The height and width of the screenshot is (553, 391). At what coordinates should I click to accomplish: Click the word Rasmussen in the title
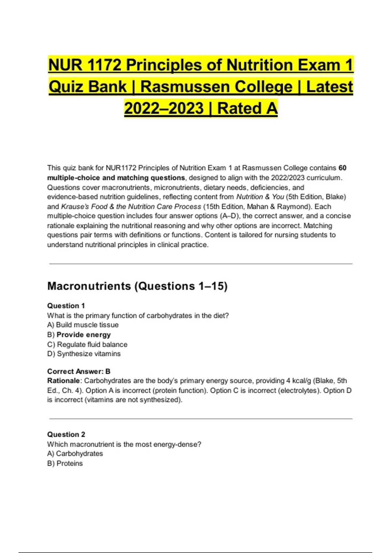[x=183, y=87]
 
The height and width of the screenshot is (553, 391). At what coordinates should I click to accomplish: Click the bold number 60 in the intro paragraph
[x=342, y=168]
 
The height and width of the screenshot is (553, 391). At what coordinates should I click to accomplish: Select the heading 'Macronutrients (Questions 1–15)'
[x=137, y=286]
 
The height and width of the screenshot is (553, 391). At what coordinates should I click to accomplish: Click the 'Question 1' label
[x=66, y=306]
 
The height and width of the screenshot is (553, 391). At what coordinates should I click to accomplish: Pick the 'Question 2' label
[x=66, y=435]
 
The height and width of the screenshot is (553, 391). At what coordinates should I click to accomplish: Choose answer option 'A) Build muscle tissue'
[x=83, y=325]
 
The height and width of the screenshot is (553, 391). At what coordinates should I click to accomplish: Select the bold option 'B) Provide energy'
[x=79, y=334]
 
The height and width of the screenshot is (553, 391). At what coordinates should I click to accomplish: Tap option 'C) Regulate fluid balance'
[x=87, y=344]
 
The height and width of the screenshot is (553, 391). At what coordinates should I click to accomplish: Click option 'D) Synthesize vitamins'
[x=84, y=354]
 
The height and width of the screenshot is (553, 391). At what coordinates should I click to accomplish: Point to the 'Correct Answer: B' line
[x=79, y=371]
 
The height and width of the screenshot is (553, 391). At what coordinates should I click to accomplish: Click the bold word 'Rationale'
[x=63, y=381]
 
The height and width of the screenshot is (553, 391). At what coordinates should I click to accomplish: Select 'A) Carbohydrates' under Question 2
[x=75, y=453]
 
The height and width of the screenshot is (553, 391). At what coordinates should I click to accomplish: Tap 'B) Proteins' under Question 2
[x=65, y=463]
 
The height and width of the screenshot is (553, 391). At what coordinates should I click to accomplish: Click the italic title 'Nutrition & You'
[x=260, y=197]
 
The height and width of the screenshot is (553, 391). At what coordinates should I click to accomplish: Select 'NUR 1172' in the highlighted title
[x=85, y=65]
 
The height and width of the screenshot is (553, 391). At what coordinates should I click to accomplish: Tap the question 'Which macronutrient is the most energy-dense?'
[x=124, y=444]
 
